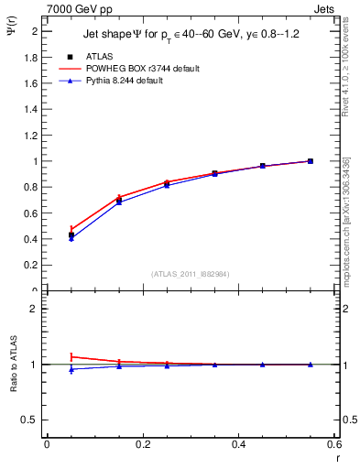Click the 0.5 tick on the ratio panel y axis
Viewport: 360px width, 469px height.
click(x=32, y=420)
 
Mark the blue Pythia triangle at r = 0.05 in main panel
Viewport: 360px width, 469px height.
click(x=71, y=238)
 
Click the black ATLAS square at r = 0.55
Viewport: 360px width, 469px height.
click(x=311, y=161)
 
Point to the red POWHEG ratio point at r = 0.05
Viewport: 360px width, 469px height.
click(x=71, y=356)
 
